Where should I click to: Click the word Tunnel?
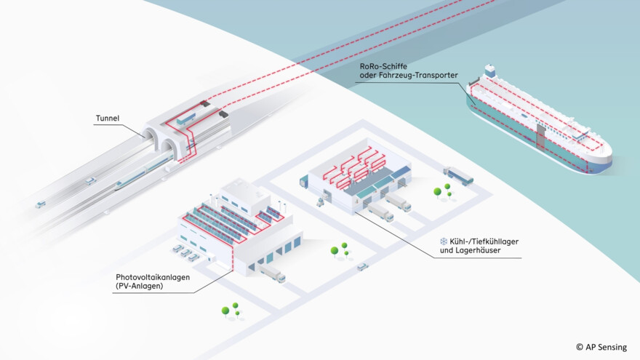point(108,118)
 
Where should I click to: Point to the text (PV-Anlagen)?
point(139,287)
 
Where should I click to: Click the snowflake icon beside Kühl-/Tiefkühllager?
point(443,241)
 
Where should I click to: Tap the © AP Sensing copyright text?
point(601,347)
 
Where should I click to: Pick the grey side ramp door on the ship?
point(542,136)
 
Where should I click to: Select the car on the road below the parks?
point(362,266)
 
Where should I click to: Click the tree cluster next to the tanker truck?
point(442,191)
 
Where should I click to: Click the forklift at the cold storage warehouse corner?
point(320,202)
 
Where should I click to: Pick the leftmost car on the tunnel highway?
point(40,204)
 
